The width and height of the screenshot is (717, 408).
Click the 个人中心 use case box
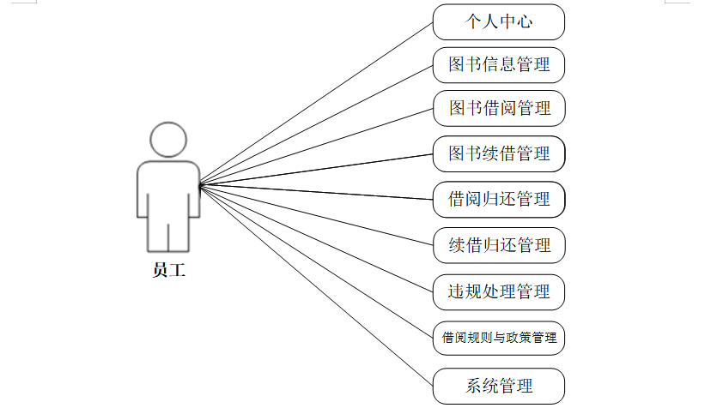(498, 22)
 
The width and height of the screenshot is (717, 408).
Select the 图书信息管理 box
(498, 63)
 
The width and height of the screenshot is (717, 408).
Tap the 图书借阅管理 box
(498, 109)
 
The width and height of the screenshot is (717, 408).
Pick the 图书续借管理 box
(498, 154)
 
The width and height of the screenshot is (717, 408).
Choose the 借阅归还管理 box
(498, 200)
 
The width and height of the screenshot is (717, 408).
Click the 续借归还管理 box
(498, 246)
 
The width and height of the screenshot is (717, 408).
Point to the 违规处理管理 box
(498, 291)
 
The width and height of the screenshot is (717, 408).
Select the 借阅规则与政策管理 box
(498, 338)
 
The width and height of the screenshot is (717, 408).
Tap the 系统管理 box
(498, 386)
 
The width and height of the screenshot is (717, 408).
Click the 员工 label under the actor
(168, 271)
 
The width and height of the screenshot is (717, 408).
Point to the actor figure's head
(168, 139)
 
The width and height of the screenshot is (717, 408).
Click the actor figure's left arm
(143, 193)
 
